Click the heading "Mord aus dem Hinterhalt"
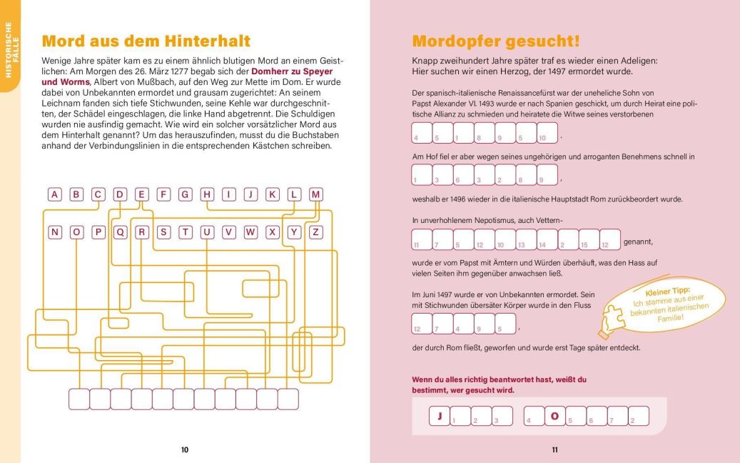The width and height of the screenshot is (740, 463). pyautogui.click(x=146, y=41)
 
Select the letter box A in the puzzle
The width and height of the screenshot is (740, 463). pyautogui.click(x=56, y=194)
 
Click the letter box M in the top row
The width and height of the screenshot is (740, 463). pyautogui.click(x=316, y=194)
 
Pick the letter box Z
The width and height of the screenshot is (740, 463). pyautogui.click(x=316, y=231)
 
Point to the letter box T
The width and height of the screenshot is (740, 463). pyautogui.click(x=186, y=231)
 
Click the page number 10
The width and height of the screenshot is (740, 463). pyautogui.click(x=184, y=449)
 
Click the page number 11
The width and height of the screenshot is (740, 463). pyautogui.click(x=554, y=449)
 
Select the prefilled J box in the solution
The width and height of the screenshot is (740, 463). pyautogui.click(x=440, y=416)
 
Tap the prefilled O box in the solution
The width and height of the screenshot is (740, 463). pyautogui.click(x=553, y=416)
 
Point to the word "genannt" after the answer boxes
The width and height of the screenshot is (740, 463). pyautogui.click(x=638, y=242)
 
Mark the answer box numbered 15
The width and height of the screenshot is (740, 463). pyautogui.click(x=589, y=239)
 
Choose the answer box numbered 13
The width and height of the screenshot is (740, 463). pyautogui.click(x=526, y=239)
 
